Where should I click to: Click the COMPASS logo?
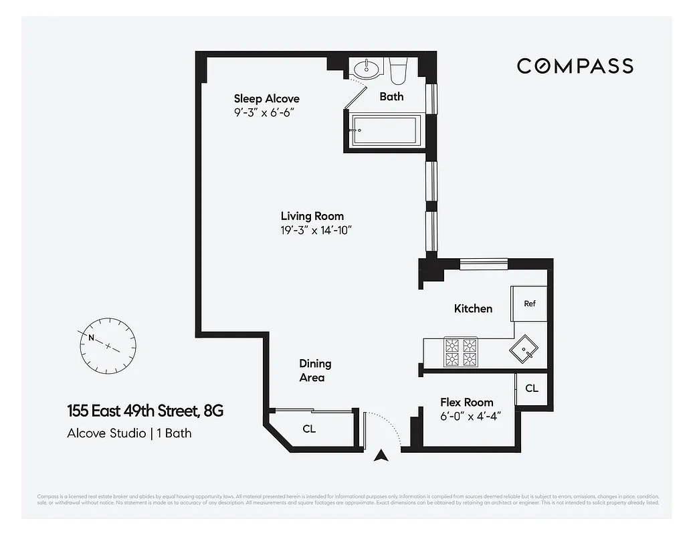click(x=575, y=66)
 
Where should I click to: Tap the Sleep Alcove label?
click(x=266, y=99)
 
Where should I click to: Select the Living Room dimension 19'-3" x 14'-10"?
click(x=316, y=230)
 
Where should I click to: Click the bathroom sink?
click(x=366, y=68)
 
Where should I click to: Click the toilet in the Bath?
click(x=399, y=69)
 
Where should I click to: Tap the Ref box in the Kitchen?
click(x=529, y=304)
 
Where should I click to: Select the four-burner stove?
click(x=461, y=352)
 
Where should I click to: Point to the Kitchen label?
click(x=473, y=308)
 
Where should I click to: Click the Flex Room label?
click(x=466, y=402)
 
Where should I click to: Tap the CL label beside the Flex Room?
click(x=531, y=388)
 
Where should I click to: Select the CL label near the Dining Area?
click(x=309, y=429)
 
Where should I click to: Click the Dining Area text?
click(x=314, y=370)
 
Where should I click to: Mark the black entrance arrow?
click(x=381, y=456)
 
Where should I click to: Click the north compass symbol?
click(x=107, y=346)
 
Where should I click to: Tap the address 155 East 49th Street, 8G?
click(x=144, y=411)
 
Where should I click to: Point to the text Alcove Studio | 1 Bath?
click(x=129, y=433)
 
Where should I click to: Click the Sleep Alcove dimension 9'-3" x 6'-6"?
click(x=264, y=112)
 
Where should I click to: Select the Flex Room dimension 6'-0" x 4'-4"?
click(x=470, y=415)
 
